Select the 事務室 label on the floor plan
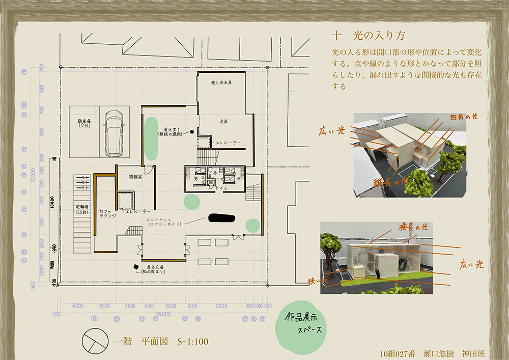tap(135, 177)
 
